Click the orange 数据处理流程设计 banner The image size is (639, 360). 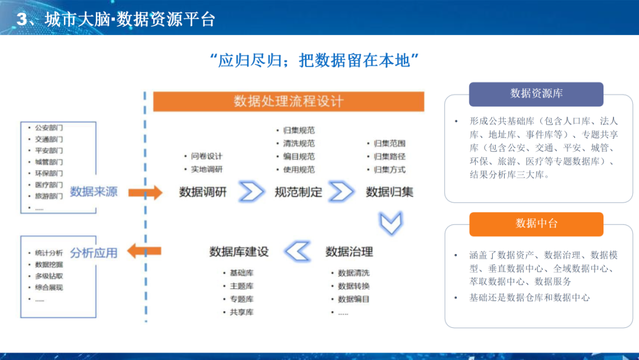click(289, 101)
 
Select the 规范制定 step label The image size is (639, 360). click(299, 192)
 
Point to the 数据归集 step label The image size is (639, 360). click(390, 192)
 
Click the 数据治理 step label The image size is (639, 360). click(350, 252)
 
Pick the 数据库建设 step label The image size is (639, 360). click(239, 252)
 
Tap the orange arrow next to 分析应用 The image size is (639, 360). click(145, 251)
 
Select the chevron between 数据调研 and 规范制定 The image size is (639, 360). click(251, 192)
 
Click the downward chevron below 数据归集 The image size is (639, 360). click(391, 223)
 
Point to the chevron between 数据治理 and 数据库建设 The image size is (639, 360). click(297, 251)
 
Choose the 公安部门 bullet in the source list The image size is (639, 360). click(49, 127)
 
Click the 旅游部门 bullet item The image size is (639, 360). click(49, 196)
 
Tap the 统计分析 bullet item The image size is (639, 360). click(49, 253)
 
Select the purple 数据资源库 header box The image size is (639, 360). click(536, 94)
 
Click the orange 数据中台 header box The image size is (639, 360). click(536, 223)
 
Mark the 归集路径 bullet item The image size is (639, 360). click(389, 156)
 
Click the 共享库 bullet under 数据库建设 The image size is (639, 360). click(241, 312)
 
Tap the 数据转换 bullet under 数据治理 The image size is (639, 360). click(354, 286)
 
